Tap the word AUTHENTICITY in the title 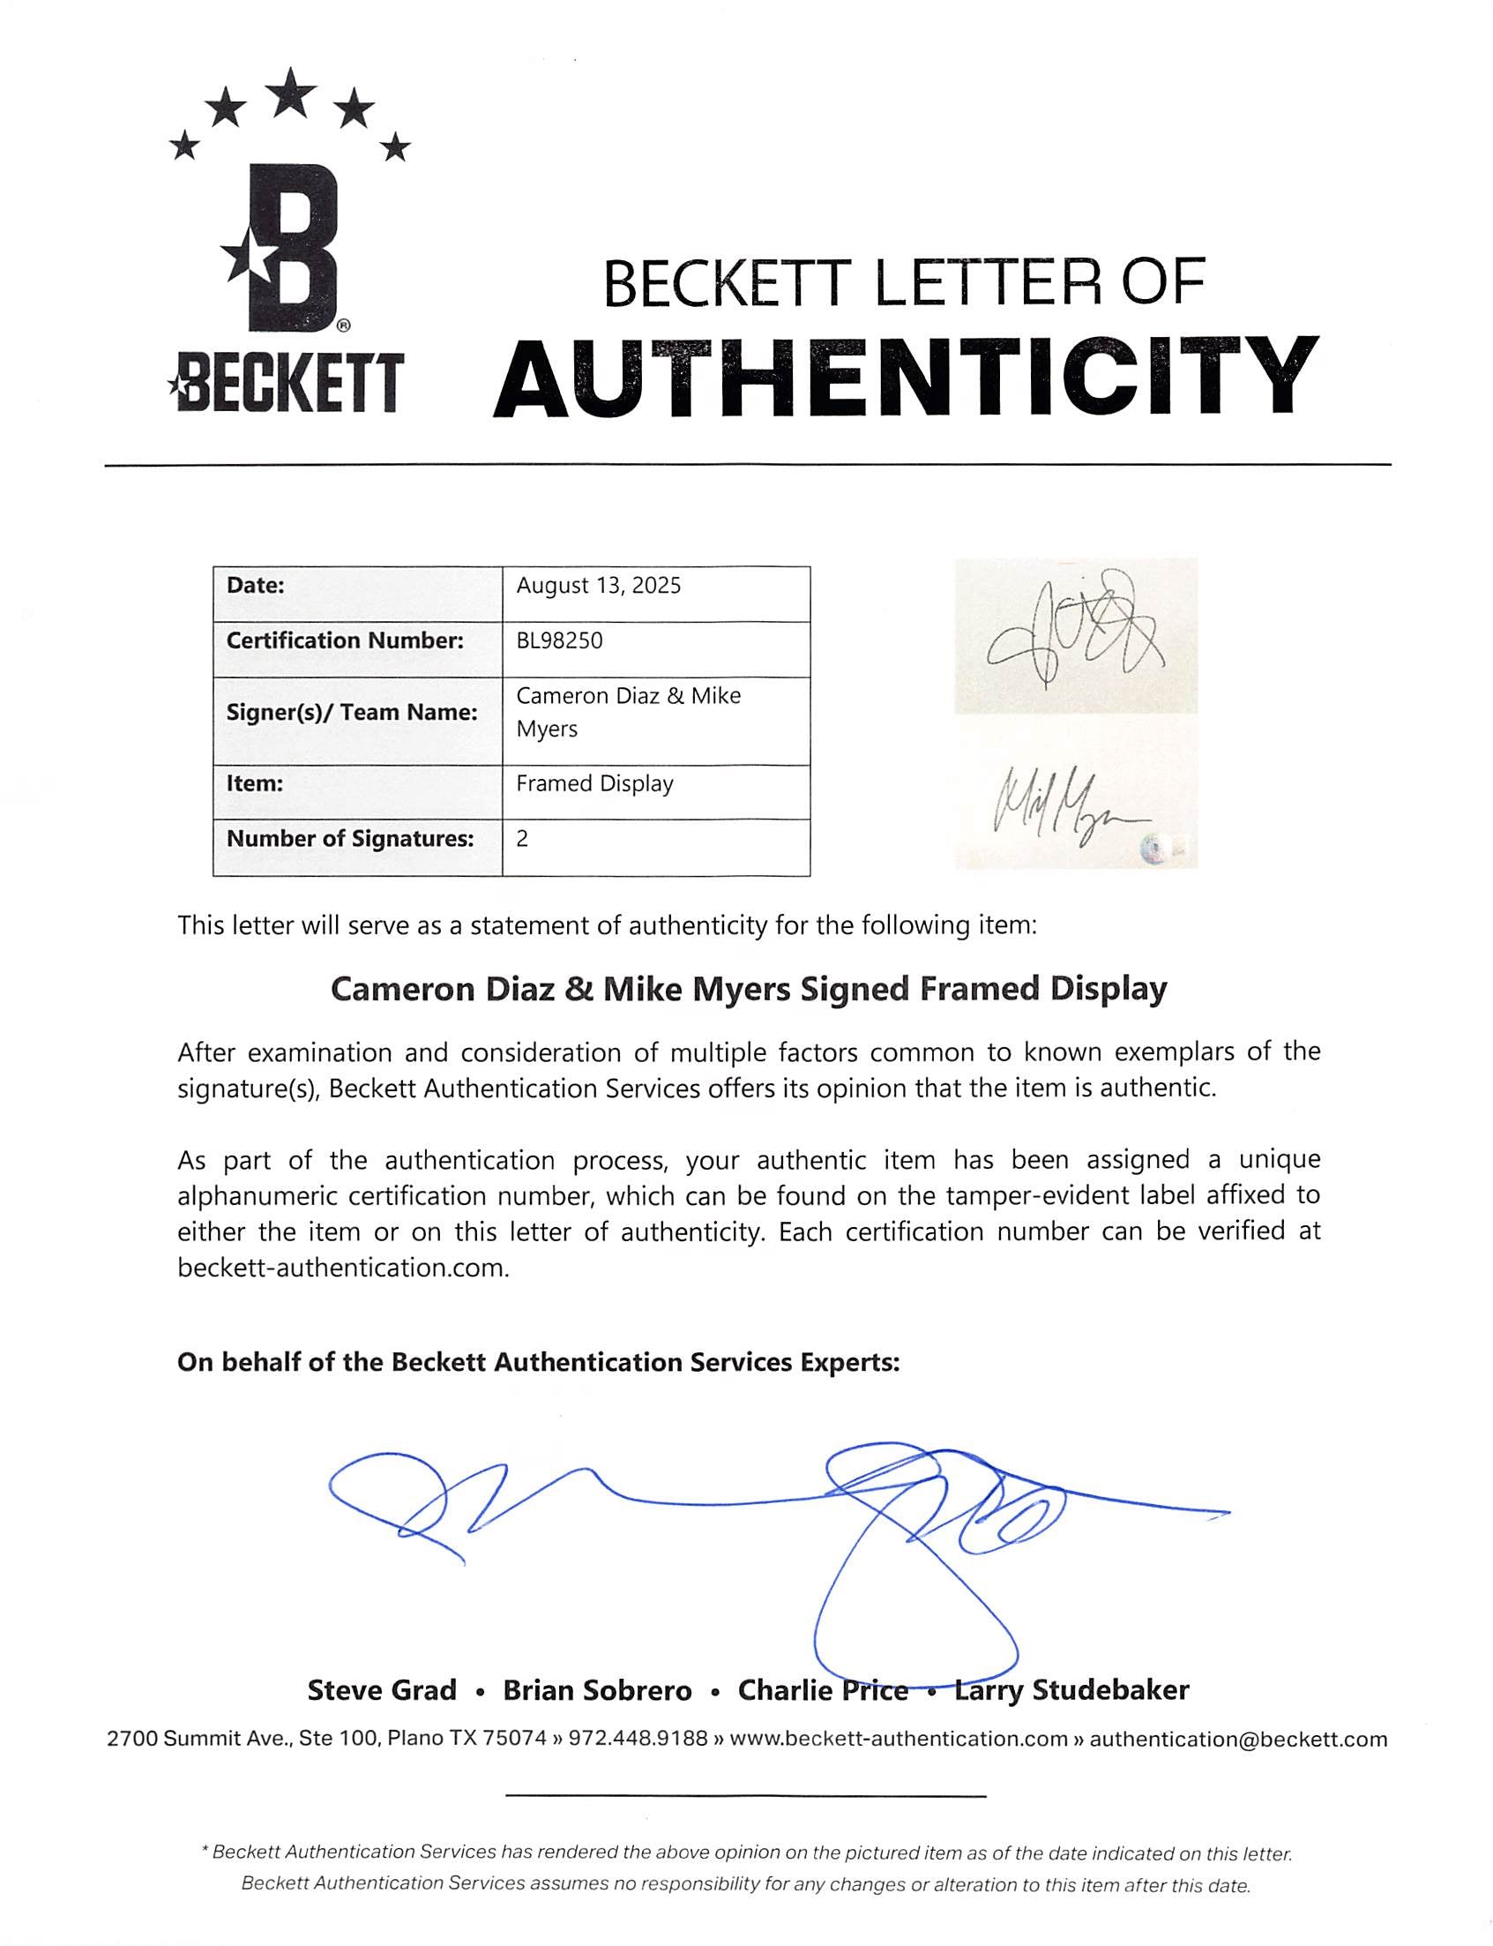click(x=906, y=378)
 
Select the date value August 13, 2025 click(x=598, y=586)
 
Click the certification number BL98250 click(x=559, y=641)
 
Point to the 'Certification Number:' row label click(x=345, y=641)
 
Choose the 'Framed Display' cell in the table click(x=594, y=784)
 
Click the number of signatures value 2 click(x=523, y=839)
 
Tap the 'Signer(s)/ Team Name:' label click(x=352, y=713)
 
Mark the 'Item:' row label click(x=255, y=784)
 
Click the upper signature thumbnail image click(x=1075, y=636)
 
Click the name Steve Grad click(x=382, y=1690)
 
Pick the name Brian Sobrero click(x=597, y=1690)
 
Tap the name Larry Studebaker click(x=1071, y=1690)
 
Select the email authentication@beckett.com click(x=1238, y=1739)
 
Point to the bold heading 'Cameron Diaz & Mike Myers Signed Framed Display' click(x=749, y=990)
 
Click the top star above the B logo click(x=291, y=93)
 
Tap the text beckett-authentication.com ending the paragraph click(x=342, y=1268)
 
